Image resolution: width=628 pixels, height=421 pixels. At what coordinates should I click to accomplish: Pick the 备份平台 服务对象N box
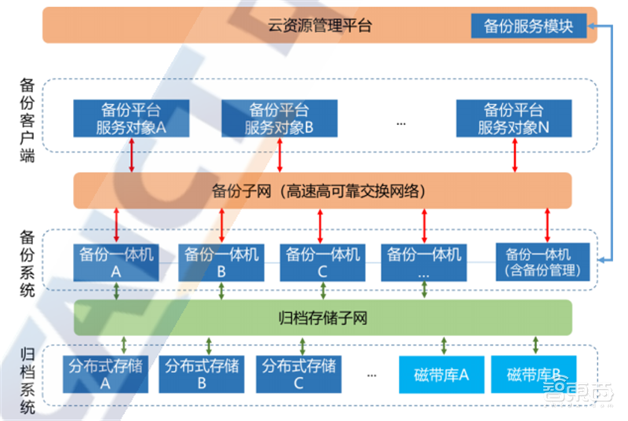513,118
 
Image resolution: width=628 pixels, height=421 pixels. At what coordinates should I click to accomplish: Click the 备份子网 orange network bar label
322,190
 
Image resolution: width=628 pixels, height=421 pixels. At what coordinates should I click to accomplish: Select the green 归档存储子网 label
323,318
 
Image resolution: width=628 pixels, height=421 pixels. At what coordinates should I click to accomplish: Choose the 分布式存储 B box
202,374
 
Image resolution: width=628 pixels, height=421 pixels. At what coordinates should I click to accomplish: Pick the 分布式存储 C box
299,374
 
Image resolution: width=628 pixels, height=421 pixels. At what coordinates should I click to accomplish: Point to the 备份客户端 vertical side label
27,119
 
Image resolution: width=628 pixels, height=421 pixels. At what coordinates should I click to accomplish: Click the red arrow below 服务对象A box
131,155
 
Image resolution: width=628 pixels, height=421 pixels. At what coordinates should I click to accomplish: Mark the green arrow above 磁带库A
444,345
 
